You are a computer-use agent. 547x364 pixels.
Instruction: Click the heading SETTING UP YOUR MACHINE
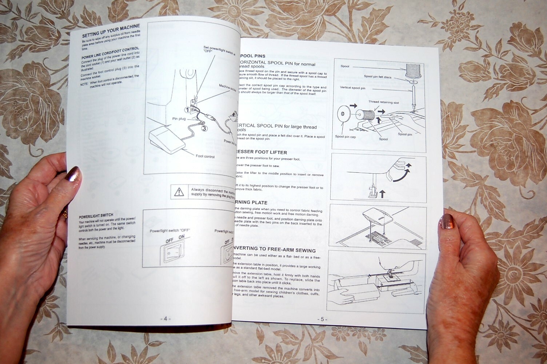pos(111,31)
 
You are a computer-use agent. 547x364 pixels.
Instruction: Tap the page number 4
pos(165,318)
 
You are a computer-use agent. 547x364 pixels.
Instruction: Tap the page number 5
pos(322,319)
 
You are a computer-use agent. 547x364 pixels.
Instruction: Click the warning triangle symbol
pos(179,192)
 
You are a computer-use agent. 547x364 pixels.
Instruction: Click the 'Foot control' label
pos(205,157)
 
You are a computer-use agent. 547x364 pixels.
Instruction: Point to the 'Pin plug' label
pos(179,119)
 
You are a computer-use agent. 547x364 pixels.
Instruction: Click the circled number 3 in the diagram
pos(204,128)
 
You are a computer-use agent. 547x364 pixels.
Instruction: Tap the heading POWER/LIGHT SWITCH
pos(96,216)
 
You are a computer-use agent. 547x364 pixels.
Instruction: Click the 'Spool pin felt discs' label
pos(378,76)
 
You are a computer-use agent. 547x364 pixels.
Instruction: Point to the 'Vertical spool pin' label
pos(352,88)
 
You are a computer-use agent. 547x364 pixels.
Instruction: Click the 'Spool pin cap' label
pos(345,136)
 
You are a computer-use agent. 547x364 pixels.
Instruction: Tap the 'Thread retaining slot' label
pos(383,102)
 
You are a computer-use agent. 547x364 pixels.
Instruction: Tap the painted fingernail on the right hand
pos(446,221)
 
